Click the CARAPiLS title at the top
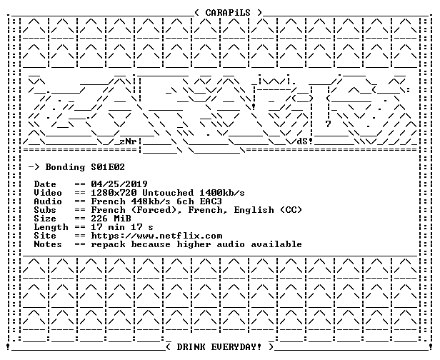pyautogui.click(x=228, y=13)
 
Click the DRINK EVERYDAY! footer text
pyautogui.click(x=219, y=347)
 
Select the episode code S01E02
pyautogui.click(x=108, y=167)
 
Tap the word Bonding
pyautogui.click(x=65, y=168)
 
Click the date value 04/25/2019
pyautogui.click(x=119, y=184)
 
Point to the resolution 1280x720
pyautogui.click(x=114, y=193)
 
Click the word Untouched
pyautogui.click(x=168, y=193)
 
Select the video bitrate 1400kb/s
pyautogui.click(x=222, y=193)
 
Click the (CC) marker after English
pyautogui.click(x=291, y=210)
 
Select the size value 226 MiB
pyautogui.click(x=111, y=219)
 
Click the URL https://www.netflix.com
pyautogui.click(x=156, y=236)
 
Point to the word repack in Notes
pyautogui.click(x=108, y=245)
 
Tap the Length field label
pyautogui.click(x=51, y=227)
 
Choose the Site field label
pyautogui.click(x=45, y=236)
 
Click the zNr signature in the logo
pyautogui.click(x=128, y=141)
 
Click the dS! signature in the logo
pyautogui.click(x=305, y=141)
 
